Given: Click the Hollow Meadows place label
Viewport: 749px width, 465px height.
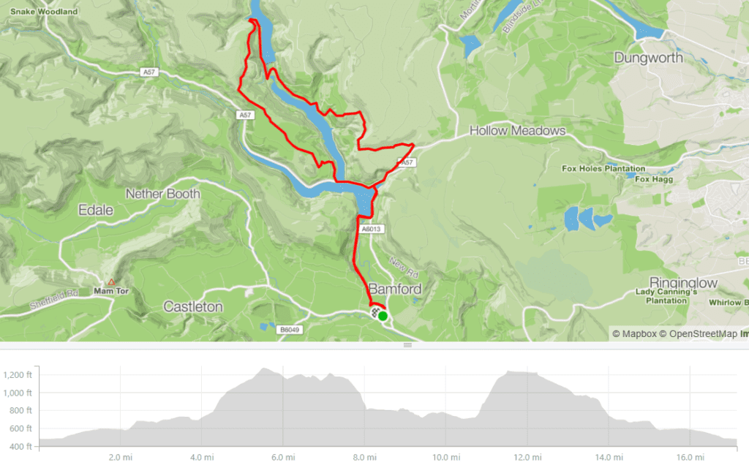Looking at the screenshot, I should point(517,131).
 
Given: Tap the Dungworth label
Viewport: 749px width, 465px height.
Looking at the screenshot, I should point(648,58).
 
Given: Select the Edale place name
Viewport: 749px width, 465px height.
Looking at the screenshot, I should point(96,211).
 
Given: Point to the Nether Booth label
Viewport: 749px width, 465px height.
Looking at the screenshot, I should point(163,194).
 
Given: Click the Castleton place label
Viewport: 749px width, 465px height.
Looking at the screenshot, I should point(193,306).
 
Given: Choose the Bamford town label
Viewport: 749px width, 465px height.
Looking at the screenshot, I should point(395,289).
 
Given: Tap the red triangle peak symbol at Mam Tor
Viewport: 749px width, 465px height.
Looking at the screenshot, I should point(111,281).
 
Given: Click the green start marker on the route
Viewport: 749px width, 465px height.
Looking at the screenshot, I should point(383,316).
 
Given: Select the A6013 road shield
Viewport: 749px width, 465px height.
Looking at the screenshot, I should point(372,229).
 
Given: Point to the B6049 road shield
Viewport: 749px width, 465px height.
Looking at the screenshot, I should point(290,330).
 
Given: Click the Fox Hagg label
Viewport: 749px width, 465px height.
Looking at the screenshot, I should point(652,179).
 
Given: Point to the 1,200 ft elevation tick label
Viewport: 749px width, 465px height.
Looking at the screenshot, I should point(20,375).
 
